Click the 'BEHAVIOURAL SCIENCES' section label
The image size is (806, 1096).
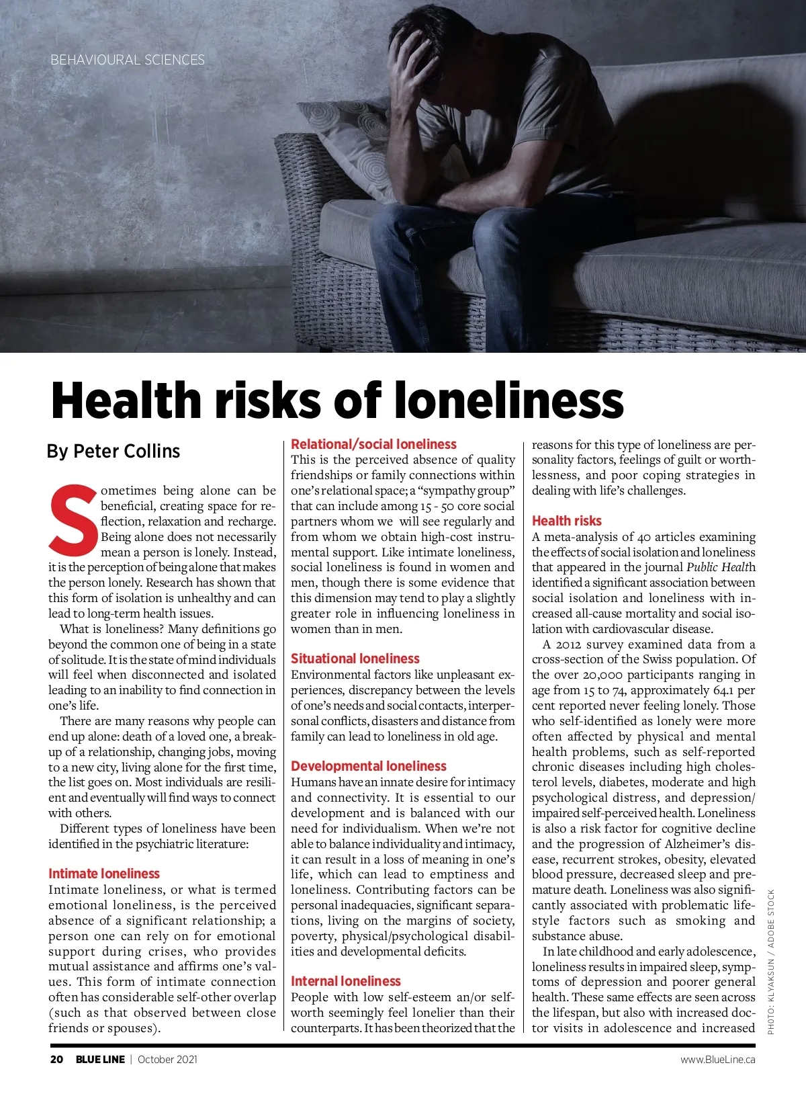click(128, 60)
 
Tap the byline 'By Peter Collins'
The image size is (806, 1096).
click(114, 451)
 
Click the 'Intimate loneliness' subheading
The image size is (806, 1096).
click(104, 874)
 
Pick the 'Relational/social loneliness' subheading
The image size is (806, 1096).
click(373, 444)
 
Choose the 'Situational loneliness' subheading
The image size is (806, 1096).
click(355, 659)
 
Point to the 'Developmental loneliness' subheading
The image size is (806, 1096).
click(369, 766)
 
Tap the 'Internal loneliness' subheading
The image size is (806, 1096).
click(346, 981)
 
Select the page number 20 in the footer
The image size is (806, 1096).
click(57, 1060)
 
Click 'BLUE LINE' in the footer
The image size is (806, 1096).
click(100, 1060)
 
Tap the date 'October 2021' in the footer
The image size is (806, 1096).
click(167, 1060)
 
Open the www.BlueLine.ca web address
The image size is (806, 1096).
click(717, 1060)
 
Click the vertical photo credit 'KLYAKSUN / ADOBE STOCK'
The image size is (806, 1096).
click(771, 961)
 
